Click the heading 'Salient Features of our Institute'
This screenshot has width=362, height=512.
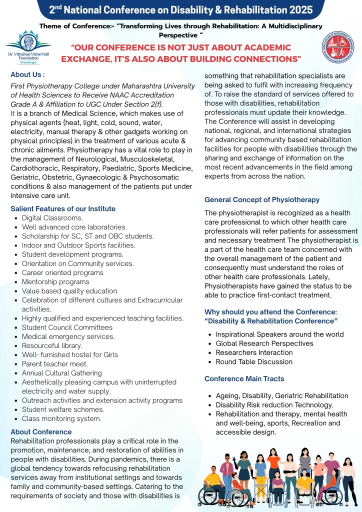click(63, 208)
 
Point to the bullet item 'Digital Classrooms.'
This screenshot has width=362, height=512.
click(52, 218)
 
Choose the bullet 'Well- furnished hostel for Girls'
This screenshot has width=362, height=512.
click(70, 354)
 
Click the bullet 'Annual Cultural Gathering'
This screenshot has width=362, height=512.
click(61, 373)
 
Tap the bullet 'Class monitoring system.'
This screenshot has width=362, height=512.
click(61, 418)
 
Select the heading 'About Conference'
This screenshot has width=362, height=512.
click(41, 431)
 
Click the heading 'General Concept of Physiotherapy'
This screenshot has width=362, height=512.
click(262, 199)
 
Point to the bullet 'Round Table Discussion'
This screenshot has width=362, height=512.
click(254, 361)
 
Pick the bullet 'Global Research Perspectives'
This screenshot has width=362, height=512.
click(264, 343)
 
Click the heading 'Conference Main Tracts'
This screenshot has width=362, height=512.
click(244, 378)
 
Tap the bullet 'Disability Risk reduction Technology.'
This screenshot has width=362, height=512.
click(274, 405)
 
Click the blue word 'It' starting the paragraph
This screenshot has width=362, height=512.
click(12, 113)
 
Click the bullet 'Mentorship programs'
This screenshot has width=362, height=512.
click(55, 282)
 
